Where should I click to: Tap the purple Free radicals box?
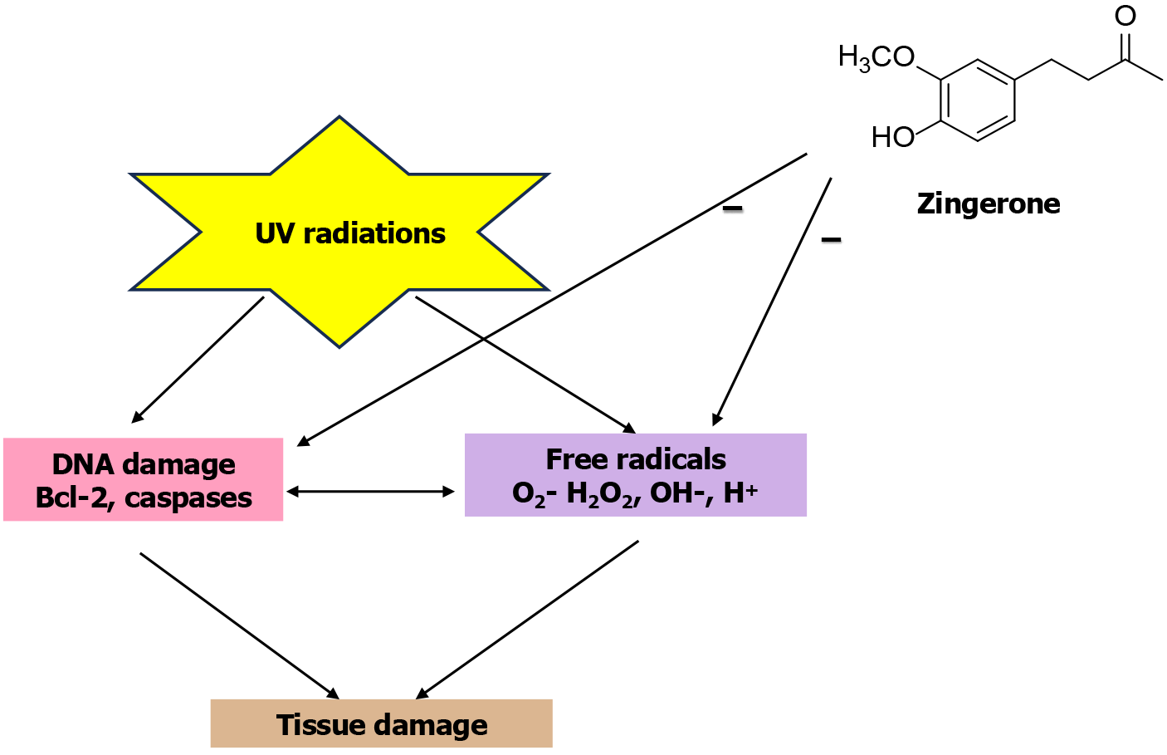[636, 475]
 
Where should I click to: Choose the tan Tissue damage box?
[382, 724]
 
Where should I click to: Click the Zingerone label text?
[989, 203]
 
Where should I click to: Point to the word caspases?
[188, 498]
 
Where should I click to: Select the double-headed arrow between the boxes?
[370, 492]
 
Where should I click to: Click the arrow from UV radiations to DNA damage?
[198, 360]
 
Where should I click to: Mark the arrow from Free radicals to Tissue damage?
[527, 620]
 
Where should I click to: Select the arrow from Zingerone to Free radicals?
[772, 302]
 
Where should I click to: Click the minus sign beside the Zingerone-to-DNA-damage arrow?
[732, 208]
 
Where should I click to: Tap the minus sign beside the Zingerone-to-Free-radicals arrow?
[831, 240]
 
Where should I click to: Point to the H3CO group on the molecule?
[876, 57]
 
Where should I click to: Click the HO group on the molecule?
[892, 137]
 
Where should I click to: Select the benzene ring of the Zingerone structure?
[978, 101]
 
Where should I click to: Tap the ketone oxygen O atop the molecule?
[1125, 16]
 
